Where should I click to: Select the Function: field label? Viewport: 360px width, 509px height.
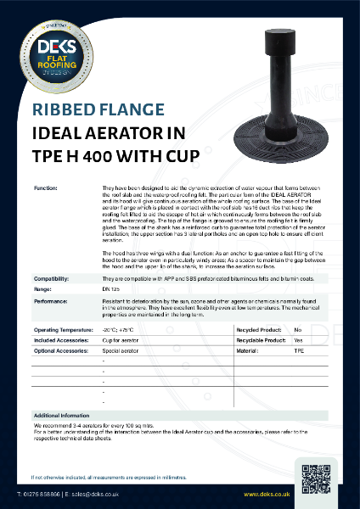click(46, 186)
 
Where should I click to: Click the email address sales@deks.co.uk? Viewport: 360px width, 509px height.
click(90, 493)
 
